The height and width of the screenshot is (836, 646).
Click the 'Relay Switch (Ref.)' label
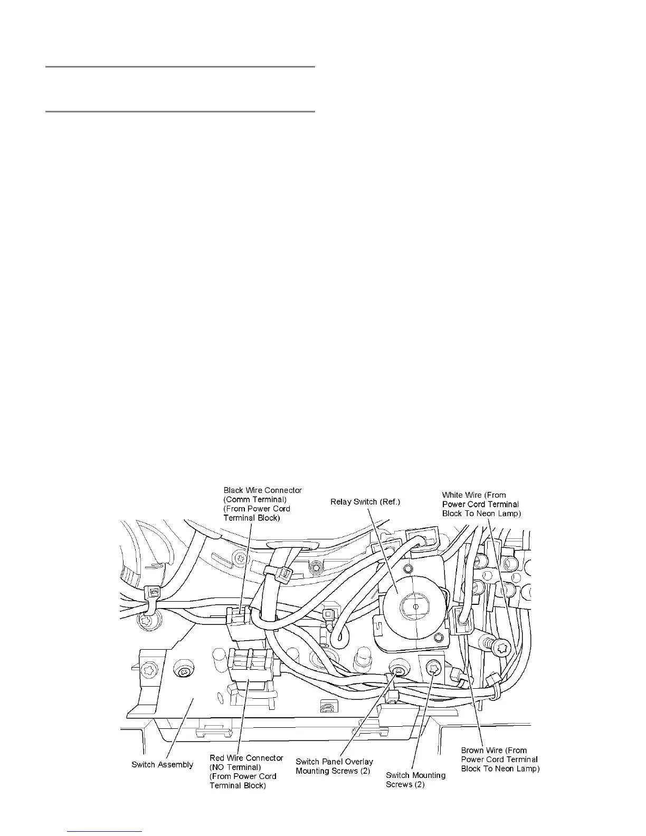click(x=365, y=501)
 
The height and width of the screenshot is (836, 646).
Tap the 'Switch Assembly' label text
click(x=162, y=765)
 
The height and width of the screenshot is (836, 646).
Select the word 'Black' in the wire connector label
click(x=233, y=490)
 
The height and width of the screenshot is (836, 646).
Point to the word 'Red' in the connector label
click(x=217, y=758)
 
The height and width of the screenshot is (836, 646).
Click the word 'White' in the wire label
click(x=454, y=495)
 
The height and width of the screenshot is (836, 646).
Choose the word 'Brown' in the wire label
click(x=472, y=750)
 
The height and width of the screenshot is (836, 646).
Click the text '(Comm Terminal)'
click(x=255, y=499)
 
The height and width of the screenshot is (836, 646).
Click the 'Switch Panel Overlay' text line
click(x=334, y=762)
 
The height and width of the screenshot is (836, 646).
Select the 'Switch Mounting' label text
click(x=415, y=775)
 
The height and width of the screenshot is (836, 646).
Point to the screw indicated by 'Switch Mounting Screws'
click(x=434, y=668)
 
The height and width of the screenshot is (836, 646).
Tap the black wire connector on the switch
click(x=239, y=614)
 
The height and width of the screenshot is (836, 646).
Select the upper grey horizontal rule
click(x=180, y=67)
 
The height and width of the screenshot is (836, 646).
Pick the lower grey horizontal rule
click(x=180, y=112)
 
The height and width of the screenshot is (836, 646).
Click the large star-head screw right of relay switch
click(x=502, y=645)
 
